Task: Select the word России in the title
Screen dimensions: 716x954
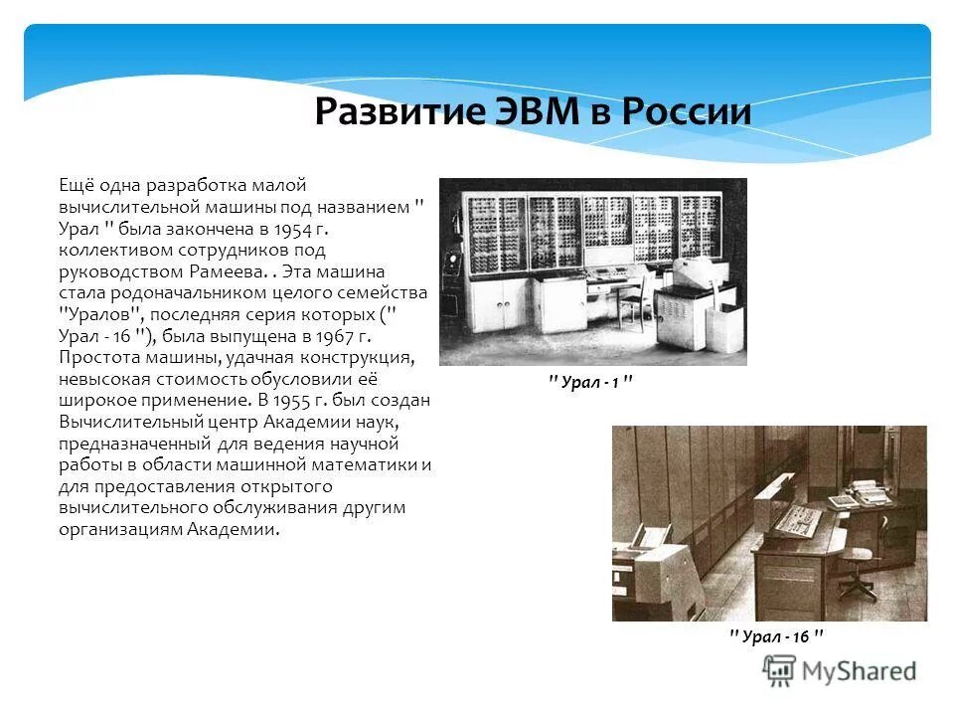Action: (x=686, y=112)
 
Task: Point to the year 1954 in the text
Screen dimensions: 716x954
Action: (x=306, y=228)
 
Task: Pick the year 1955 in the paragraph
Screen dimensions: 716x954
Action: (x=292, y=401)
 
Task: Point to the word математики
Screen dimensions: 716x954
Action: (x=369, y=465)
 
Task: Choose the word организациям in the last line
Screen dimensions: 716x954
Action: (x=121, y=530)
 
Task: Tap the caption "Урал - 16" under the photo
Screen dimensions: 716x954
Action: (x=776, y=636)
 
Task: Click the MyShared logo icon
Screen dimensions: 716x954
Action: (x=779, y=670)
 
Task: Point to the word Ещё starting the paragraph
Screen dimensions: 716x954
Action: (x=78, y=185)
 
